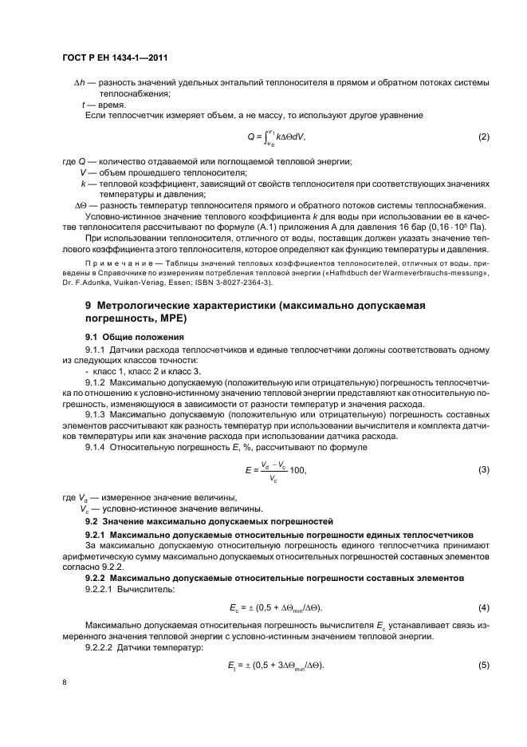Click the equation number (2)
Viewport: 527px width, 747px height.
pyautogui.click(x=483, y=136)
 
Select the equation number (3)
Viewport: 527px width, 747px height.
pyautogui.click(x=483, y=470)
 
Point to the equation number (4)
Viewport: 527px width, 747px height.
pyautogui.click(x=483, y=608)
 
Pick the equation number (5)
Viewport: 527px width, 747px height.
pyautogui.click(x=483, y=665)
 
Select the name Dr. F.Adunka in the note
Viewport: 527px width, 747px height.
pyautogui.click(x=89, y=282)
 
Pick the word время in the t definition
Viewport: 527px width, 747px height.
pyautogui.click(x=107, y=105)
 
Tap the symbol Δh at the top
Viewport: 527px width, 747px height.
pyautogui.click(x=80, y=83)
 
